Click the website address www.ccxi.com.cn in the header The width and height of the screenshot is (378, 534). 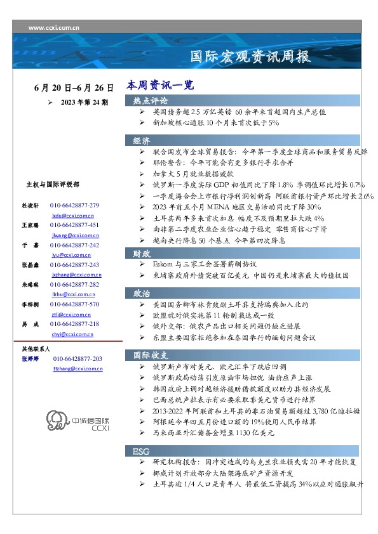coord(54,28)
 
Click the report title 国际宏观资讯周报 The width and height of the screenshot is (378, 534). coord(251,56)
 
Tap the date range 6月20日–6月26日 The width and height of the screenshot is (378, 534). coord(74,88)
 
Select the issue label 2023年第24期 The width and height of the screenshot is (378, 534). coord(84,101)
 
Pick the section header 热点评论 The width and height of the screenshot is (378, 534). coord(151,101)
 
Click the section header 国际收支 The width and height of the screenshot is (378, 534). coord(151,355)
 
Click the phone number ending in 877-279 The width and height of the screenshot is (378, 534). coord(74,206)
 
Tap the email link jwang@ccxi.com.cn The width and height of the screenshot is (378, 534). coord(71,235)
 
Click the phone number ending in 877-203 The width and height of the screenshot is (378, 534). coord(78,359)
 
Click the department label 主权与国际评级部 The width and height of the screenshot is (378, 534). coord(52,185)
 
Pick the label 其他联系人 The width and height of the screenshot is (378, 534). coord(36,349)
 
